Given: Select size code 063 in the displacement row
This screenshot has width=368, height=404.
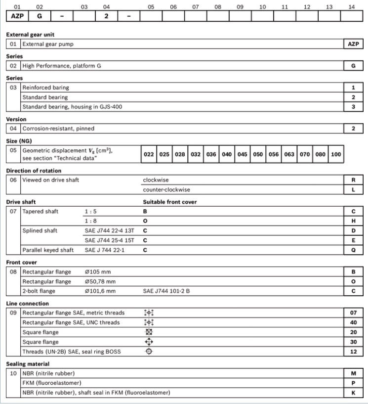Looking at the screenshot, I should [x=289, y=154].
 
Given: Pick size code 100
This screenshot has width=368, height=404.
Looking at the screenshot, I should [x=336, y=154].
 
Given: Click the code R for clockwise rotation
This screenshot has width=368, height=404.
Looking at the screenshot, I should [x=353, y=180].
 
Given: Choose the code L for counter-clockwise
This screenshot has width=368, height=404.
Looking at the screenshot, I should [x=353, y=189].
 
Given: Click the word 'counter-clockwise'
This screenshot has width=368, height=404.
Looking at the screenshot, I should [x=166, y=189].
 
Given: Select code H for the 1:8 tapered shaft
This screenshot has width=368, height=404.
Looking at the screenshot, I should [x=353, y=221].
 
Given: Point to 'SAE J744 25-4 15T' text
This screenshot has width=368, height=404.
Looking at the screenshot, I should [x=109, y=240].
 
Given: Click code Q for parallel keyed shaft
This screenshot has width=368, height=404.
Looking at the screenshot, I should [x=353, y=250].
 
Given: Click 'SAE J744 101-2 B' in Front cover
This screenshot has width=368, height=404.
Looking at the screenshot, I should [x=166, y=291].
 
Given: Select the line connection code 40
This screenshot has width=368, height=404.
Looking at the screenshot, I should [x=353, y=322].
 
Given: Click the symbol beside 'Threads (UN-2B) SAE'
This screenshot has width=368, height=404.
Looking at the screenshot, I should [x=149, y=352].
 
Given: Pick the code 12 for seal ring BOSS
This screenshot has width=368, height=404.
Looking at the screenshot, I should [x=353, y=352].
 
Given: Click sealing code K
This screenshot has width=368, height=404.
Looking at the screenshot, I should [x=353, y=393].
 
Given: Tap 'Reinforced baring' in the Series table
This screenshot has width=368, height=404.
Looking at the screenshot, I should [x=45, y=88].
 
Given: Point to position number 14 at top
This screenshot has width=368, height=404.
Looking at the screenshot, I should [x=351, y=6].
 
